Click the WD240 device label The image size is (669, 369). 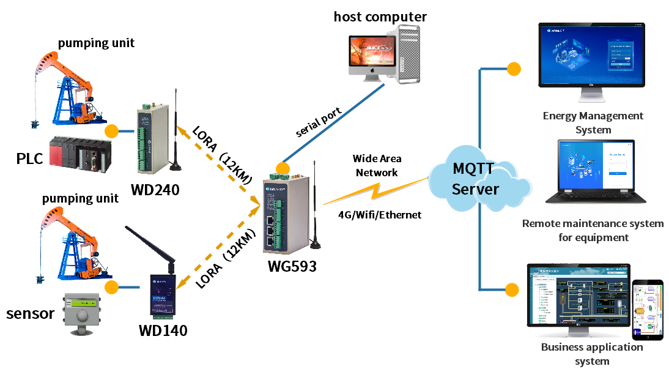[155, 190]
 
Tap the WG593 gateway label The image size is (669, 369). [292, 266]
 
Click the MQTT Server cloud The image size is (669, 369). [476, 178]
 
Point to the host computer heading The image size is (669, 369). [380, 17]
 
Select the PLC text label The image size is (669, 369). [29, 160]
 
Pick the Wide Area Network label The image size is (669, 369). [377, 165]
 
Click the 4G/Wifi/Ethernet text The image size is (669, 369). [380, 215]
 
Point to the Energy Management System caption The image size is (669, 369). [593, 122]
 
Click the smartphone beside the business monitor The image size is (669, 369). [647, 310]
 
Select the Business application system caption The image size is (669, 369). [592, 354]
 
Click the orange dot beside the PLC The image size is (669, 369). [111, 131]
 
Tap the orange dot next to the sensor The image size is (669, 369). [111, 288]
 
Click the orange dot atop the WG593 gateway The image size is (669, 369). [282, 168]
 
